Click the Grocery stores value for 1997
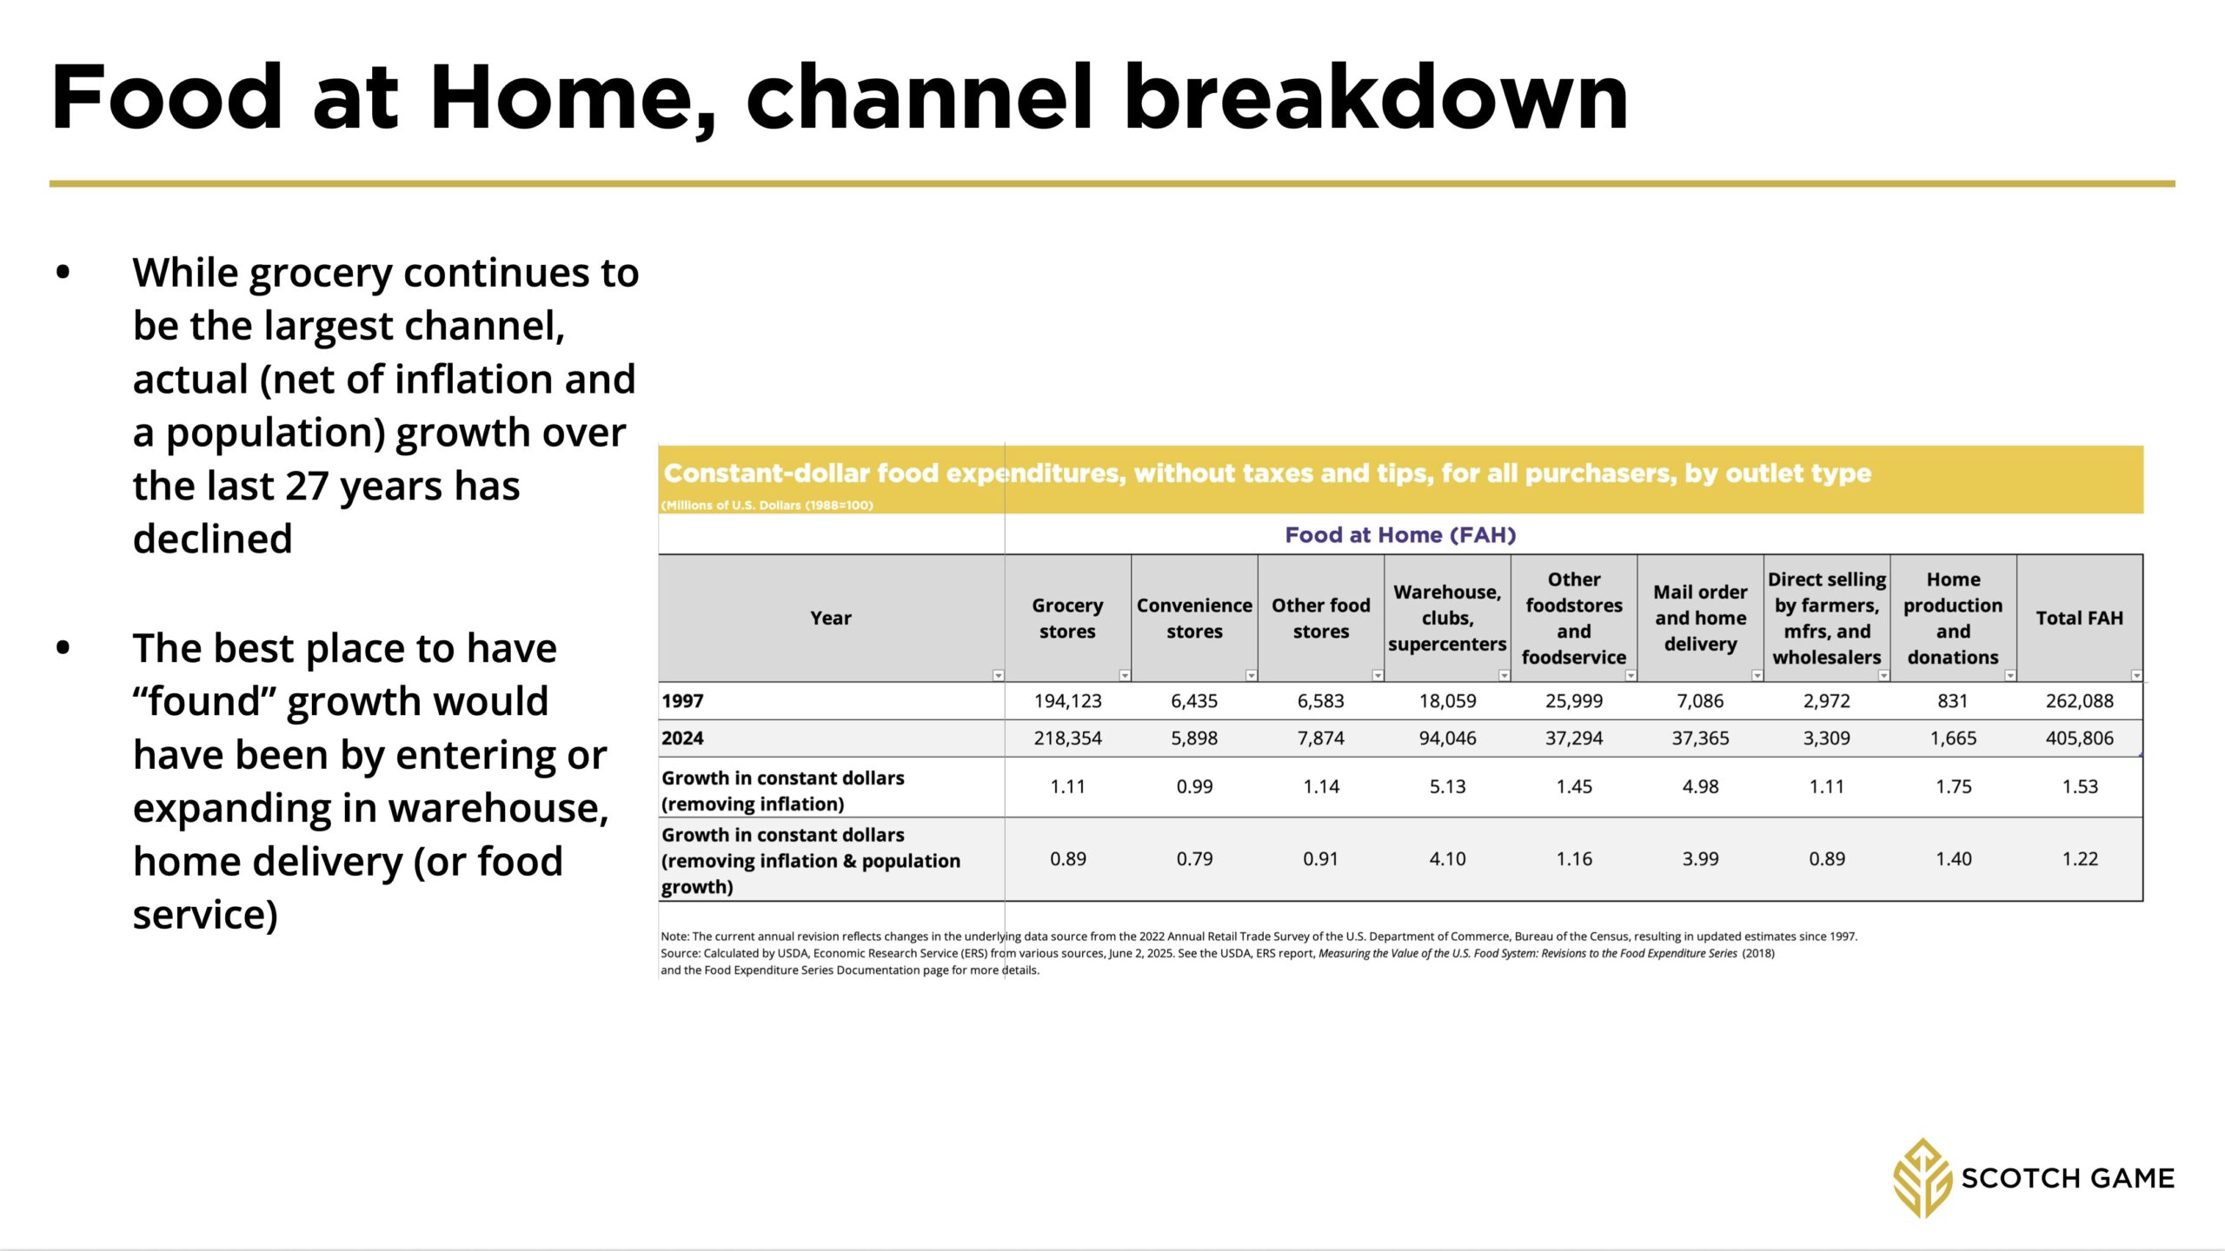tap(1067, 701)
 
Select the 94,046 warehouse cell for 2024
tap(1447, 738)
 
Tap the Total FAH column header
tap(2079, 618)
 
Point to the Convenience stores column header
tap(1194, 618)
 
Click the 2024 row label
tap(682, 738)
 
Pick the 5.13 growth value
tap(1447, 786)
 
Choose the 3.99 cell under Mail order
tap(1700, 858)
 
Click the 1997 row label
tap(682, 701)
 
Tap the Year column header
tap(831, 618)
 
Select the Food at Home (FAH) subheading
tap(1400, 535)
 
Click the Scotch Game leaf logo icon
tap(1923, 1178)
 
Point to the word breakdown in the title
tap(1376, 96)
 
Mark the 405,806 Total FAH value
tap(2079, 738)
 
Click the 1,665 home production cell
tap(1953, 738)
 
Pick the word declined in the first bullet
tap(212, 539)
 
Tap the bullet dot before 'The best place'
tap(63, 648)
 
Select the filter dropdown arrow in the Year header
tap(998, 675)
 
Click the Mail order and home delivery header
tap(1700, 618)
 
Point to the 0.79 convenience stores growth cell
tap(1194, 858)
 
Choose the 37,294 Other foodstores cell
tap(1574, 738)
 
